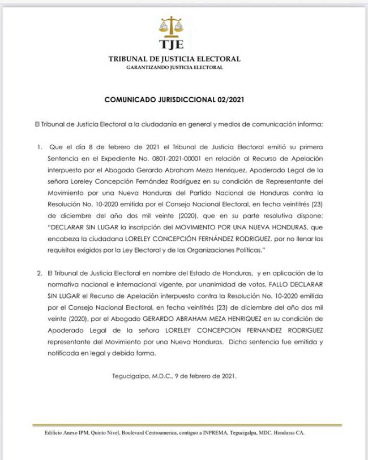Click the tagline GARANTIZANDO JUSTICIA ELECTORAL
pyautogui.click(x=174, y=67)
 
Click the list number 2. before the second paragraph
pyautogui.click(x=40, y=273)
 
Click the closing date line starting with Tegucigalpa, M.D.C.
pyautogui.click(x=177, y=376)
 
